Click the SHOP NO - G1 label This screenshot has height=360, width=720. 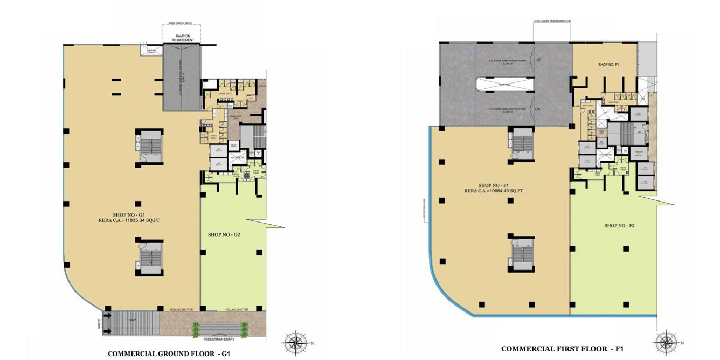coord(127,214)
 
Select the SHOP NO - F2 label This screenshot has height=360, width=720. coord(619,225)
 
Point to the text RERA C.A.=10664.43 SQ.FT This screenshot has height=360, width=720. coord(488,190)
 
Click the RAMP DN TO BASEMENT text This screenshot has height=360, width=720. coord(182,38)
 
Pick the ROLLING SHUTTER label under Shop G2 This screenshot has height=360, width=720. coord(237,310)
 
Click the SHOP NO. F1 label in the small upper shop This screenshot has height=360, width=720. coord(610,64)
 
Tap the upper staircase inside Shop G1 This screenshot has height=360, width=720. coord(148,146)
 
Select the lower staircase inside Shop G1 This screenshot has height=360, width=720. coord(148,258)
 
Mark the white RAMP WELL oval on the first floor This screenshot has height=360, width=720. coord(505,84)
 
